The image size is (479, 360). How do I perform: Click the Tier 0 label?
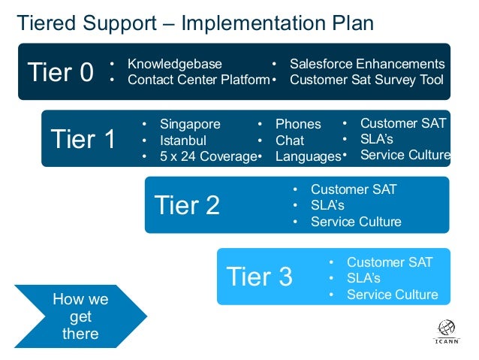(x=60, y=72)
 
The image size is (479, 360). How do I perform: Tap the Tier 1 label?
(x=83, y=138)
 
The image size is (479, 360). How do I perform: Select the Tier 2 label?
(x=187, y=204)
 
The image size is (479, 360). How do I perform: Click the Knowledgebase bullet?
(x=175, y=64)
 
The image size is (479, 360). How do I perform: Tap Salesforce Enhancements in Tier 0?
(x=367, y=64)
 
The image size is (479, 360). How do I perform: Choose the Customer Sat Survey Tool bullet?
(x=366, y=80)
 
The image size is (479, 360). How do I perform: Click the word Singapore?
(x=191, y=124)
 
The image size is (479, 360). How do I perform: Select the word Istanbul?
(x=183, y=140)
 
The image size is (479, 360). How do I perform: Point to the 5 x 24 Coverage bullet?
(x=207, y=156)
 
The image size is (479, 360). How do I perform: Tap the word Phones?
(x=298, y=124)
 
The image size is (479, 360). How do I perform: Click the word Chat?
(x=290, y=140)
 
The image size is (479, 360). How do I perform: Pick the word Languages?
(x=308, y=156)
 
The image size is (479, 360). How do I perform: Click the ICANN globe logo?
(x=446, y=328)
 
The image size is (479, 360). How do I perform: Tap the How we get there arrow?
(x=79, y=316)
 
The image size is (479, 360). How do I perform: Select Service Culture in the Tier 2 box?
(x=356, y=222)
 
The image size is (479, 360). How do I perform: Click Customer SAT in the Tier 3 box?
(x=390, y=262)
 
